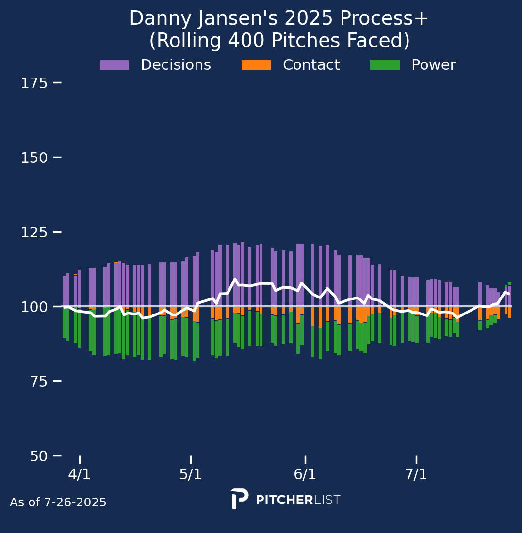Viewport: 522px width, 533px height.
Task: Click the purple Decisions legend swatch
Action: pyautogui.click(x=114, y=65)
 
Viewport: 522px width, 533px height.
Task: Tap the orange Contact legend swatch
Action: pyautogui.click(x=256, y=65)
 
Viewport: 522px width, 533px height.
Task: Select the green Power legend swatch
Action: pyautogui.click(x=385, y=65)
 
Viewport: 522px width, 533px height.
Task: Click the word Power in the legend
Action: pyautogui.click(x=433, y=65)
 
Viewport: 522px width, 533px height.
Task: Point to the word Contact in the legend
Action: pyautogui.click(x=311, y=65)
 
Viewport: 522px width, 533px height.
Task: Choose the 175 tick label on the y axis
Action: pyautogui.click(x=34, y=83)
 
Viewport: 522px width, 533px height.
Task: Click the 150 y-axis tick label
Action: pyautogui.click(x=34, y=158)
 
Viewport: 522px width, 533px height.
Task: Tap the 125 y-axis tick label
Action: pyautogui.click(x=34, y=233)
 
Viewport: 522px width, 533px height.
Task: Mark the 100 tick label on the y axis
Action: pyautogui.click(x=34, y=307)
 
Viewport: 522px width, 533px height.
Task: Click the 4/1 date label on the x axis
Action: pyautogui.click(x=80, y=474)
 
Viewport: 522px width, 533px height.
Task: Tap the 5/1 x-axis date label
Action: pyautogui.click(x=191, y=474)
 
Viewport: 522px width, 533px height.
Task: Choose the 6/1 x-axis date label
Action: pyautogui.click(x=305, y=474)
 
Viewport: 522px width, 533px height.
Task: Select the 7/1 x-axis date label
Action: pyautogui.click(x=416, y=474)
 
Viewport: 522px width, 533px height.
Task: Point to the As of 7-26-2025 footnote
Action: pyautogui.click(x=58, y=503)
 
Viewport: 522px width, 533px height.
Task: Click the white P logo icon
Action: pyautogui.click(x=240, y=499)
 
